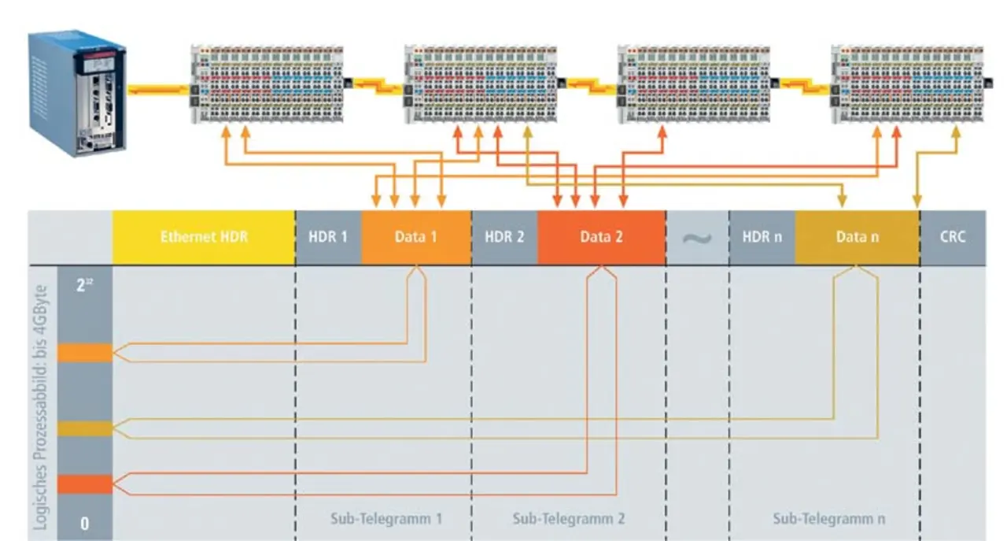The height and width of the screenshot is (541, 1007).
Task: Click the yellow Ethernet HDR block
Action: tap(203, 237)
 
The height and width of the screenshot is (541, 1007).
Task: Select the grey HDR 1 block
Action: tap(328, 237)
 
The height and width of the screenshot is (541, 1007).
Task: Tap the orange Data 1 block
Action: tap(415, 237)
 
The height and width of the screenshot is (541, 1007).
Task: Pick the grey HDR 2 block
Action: tap(504, 237)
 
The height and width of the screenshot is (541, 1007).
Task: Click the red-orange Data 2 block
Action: tap(601, 237)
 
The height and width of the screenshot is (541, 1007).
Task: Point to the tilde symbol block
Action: tap(697, 237)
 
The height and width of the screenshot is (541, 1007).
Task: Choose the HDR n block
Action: tap(762, 237)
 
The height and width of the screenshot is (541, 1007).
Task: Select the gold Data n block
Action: tap(857, 237)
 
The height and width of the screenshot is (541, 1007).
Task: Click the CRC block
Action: tap(952, 237)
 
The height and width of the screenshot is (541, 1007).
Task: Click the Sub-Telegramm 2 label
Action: tap(569, 519)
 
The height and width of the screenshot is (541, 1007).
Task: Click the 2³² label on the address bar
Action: tap(85, 285)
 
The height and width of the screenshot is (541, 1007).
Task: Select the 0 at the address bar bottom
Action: tap(85, 524)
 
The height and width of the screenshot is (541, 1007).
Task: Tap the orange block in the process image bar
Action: tap(85, 353)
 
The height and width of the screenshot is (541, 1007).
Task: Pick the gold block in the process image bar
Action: tap(85, 428)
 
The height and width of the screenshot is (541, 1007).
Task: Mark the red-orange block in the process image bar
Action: tap(85, 484)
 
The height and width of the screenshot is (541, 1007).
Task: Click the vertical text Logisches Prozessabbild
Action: tap(43, 402)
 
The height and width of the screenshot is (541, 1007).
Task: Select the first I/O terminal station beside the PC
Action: tap(267, 84)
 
